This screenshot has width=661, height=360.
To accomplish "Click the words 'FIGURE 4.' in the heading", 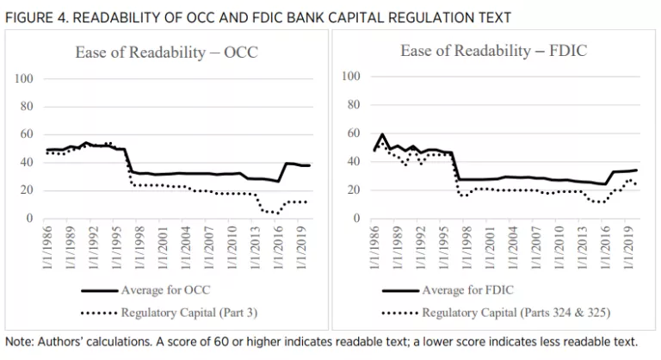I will click(x=34, y=16).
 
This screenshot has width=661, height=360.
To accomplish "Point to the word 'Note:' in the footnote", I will click(x=22, y=340).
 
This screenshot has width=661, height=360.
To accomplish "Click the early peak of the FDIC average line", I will click(x=381, y=134).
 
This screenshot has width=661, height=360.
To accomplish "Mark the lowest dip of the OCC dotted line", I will click(x=278, y=213).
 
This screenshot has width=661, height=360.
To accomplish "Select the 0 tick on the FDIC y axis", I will click(x=355, y=219).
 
